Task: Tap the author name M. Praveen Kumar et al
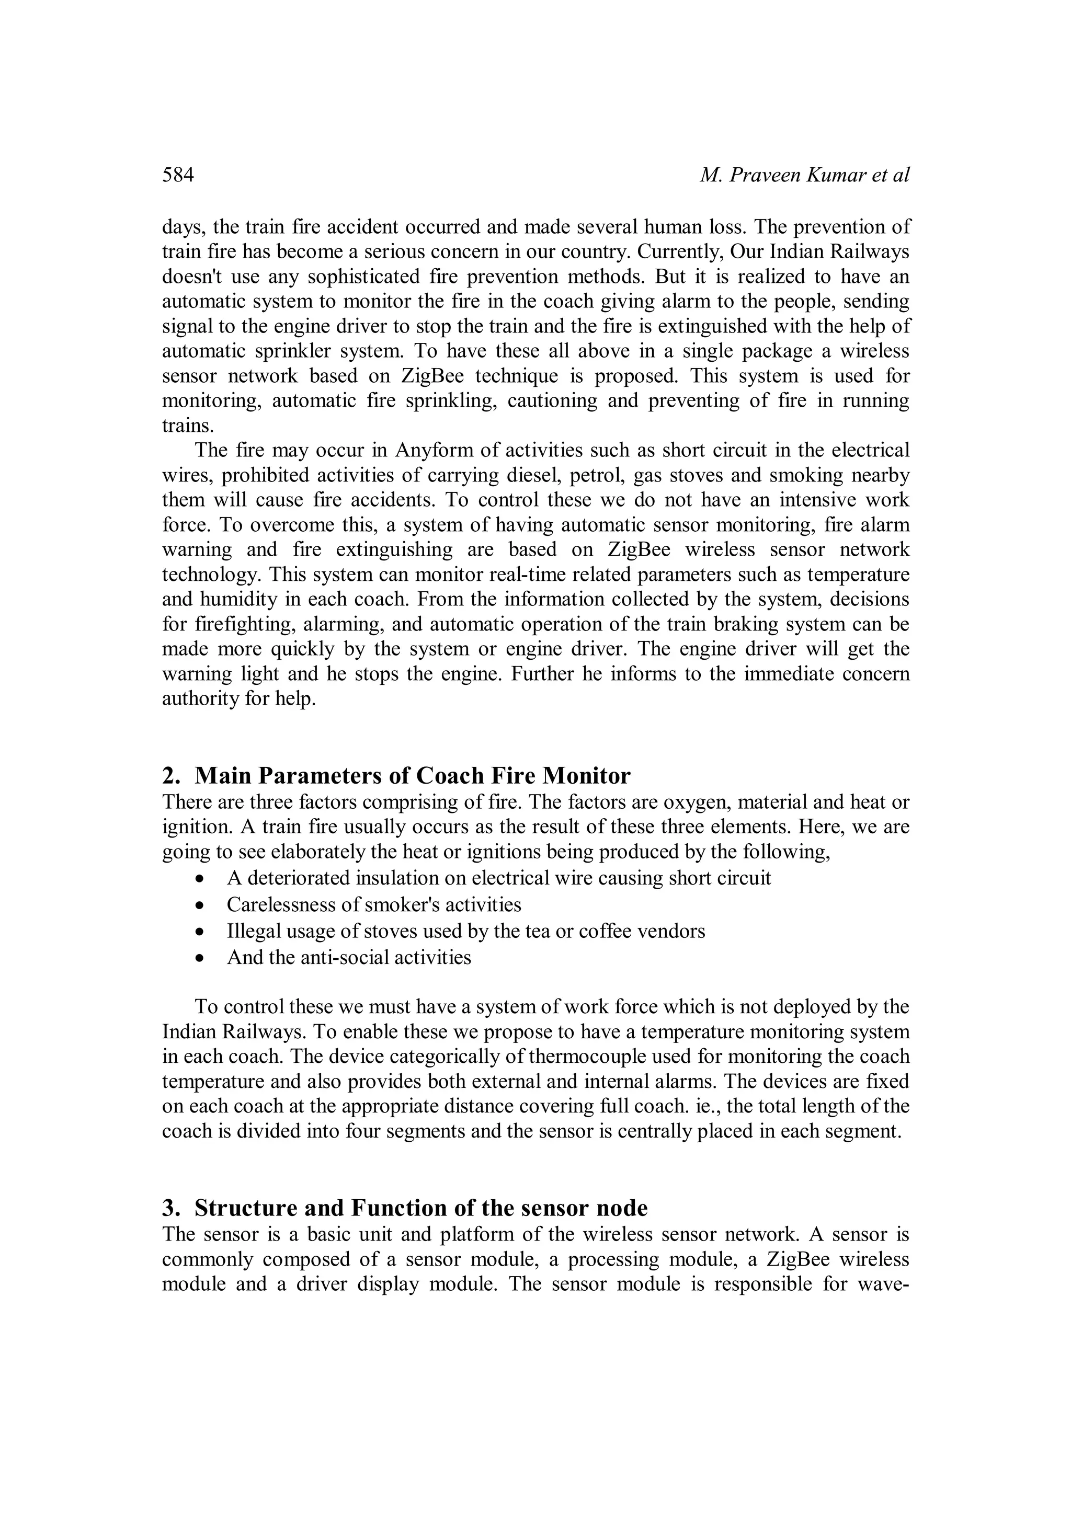pos(804,175)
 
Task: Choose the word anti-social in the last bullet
pos(349,957)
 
